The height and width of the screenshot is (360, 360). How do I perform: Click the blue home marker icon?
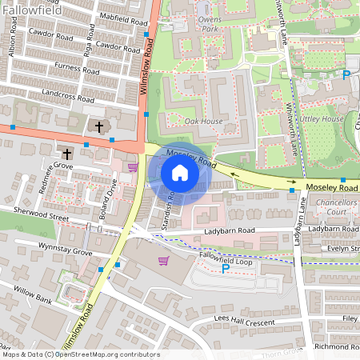pos(180,173)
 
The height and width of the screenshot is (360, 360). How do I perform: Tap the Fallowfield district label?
pos(32,10)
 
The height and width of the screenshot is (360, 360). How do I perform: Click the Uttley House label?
pos(321,118)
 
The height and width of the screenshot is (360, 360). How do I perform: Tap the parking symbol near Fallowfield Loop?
pos(225,269)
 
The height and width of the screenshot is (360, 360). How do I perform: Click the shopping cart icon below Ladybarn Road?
pos(164,261)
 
